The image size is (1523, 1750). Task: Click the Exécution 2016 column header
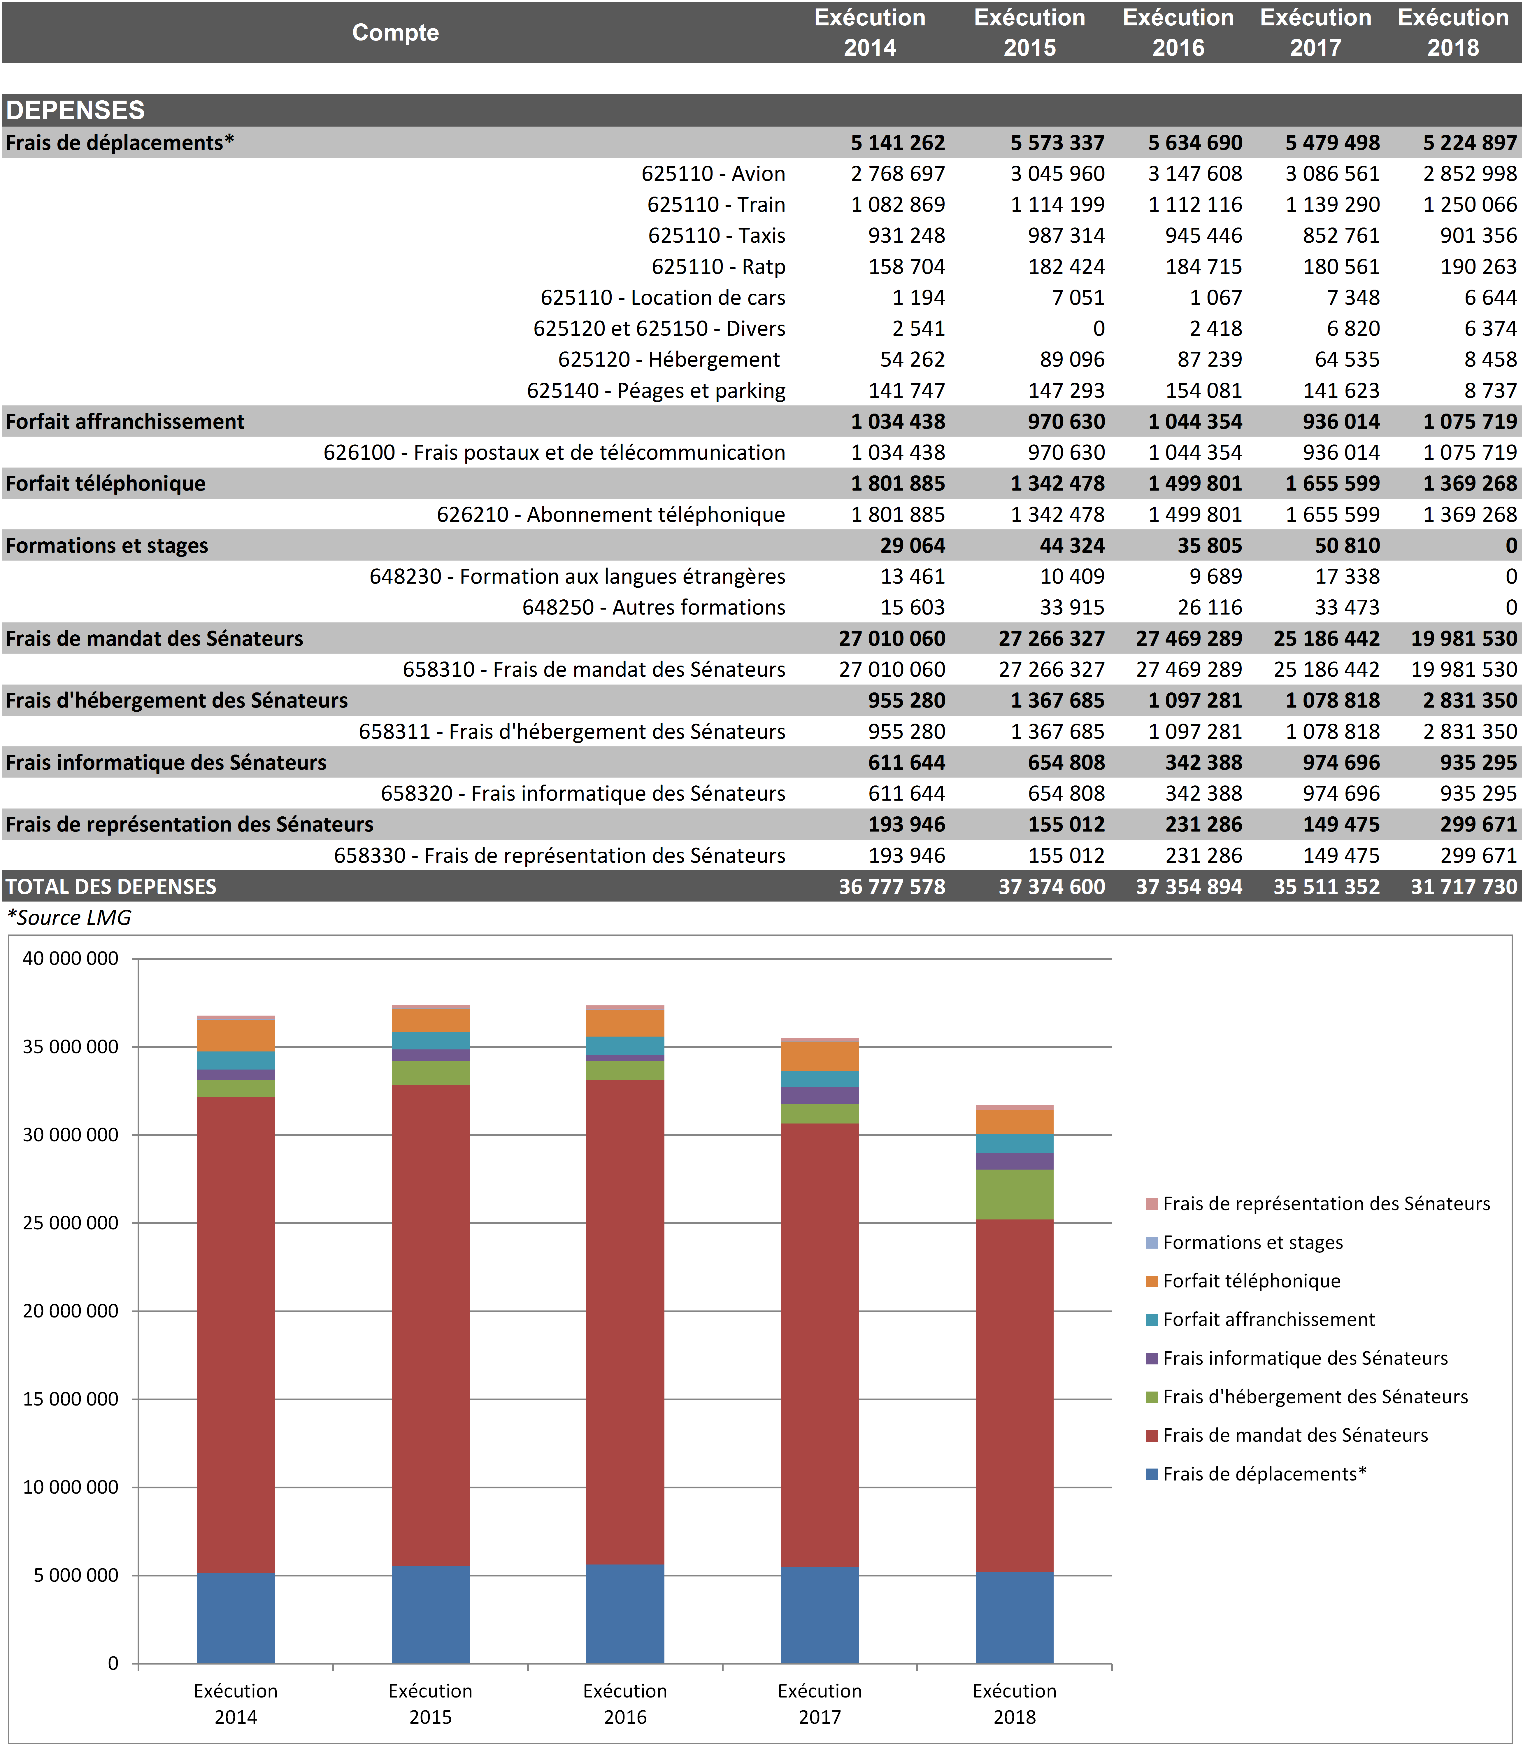point(1178,32)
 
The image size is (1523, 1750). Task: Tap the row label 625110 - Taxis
point(716,236)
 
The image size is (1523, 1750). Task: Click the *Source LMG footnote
point(70,918)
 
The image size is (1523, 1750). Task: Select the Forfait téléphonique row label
point(105,484)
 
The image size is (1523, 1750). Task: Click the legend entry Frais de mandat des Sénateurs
point(1294,1435)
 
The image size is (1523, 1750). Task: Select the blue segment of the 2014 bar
point(236,1618)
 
